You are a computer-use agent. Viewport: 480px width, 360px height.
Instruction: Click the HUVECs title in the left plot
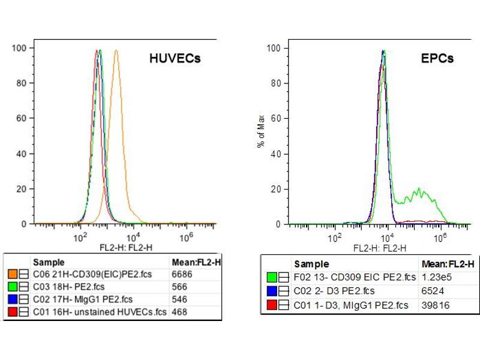click(x=175, y=58)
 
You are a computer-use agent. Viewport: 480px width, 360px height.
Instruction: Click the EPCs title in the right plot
click(x=437, y=58)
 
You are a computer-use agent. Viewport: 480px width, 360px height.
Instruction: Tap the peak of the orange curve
click(x=116, y=51)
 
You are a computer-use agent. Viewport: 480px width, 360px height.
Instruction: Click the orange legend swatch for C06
click(x=12, y=274)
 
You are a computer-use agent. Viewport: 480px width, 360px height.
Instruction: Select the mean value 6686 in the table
click(x=181, y=274)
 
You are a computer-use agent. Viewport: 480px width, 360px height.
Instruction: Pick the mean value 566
click(x=179, y=287)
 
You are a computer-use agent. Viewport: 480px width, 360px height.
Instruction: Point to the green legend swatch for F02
click(x=272, y=277)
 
